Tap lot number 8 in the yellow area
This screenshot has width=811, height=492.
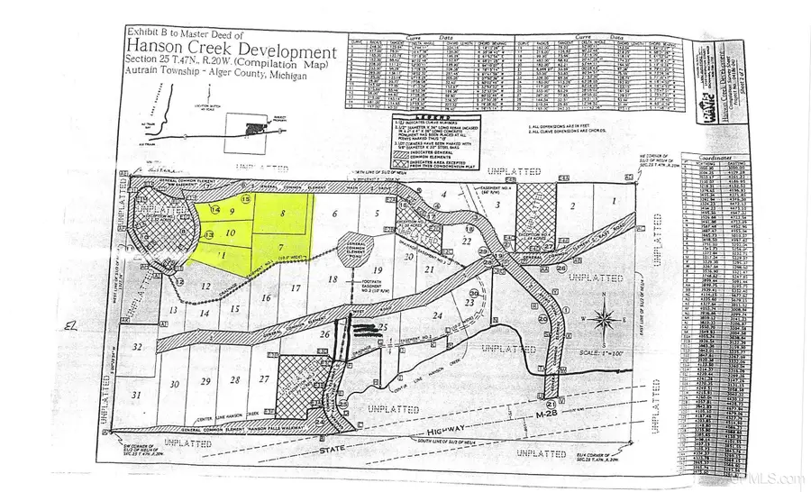click(x=283, y=214)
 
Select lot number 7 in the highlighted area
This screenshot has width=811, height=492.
click(x=281, y=247)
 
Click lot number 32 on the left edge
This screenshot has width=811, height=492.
click(x=137, y=347)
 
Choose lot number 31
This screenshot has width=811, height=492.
click(x=137, y=395)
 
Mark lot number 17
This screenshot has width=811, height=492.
click(x=295, y=289)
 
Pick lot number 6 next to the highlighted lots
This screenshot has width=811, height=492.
click(x=333, y=214)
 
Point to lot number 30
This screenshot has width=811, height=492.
click(x=174, y=383)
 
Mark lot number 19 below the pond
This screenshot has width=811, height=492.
click(x=378, y=270)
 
